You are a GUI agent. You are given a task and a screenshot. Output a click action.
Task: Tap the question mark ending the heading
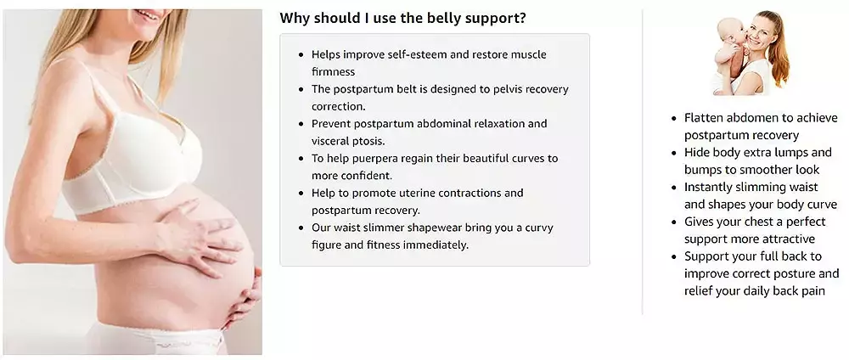pos(522,18)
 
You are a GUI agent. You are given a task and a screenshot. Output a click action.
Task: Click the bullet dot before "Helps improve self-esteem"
pos(301,54)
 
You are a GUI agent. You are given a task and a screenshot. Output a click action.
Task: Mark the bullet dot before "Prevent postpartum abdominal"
pos(301,124)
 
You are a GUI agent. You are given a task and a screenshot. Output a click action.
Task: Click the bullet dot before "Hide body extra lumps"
pos(674,153)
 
